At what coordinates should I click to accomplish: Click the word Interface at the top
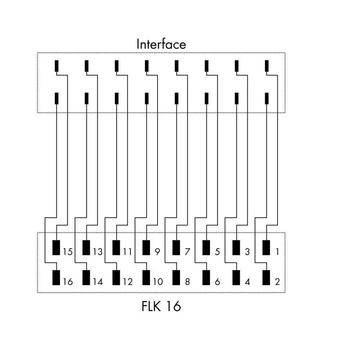tap(161, 44)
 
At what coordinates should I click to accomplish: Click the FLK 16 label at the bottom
tap(161, 306)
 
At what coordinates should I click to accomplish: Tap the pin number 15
tap(67, 252)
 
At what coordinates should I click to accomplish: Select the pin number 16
tap(67, 282)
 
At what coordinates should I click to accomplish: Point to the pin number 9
tap(157, 252)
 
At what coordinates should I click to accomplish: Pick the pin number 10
tap(157, 282)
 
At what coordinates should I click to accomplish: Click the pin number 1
tap(277, 252)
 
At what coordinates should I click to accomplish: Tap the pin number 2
tap(277, 282)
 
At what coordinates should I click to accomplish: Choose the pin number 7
tap(187, 252)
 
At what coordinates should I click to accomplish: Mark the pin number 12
tap(127, 282)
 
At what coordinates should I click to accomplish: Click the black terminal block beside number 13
tap(86, 248)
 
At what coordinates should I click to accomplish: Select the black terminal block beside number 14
tap(86, 277)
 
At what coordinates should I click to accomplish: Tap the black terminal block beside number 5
tap(206, 248)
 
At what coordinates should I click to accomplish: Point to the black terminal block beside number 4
tap(236, 277)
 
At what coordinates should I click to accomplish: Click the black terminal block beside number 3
tap(236, 248)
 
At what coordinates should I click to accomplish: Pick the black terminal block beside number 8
tap(176, 277)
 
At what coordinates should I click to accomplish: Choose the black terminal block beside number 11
tap(116, 248)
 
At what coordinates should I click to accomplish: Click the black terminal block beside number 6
tap(206, 277)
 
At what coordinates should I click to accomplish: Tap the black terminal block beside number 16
tap(56, 277)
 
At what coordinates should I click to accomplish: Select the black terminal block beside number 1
tap(266, 248)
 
